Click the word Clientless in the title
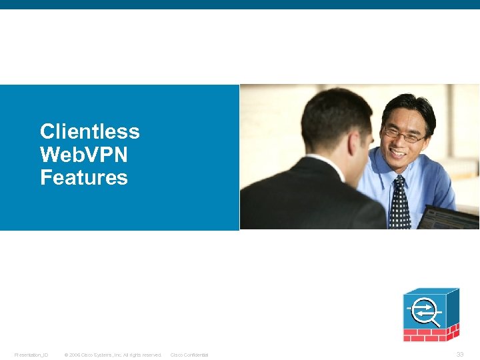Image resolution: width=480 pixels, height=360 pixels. [x=89, y=131]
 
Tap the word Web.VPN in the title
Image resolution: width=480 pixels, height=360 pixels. [x=83, y=155]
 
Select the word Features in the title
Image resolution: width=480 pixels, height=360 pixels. [x=83, y=178]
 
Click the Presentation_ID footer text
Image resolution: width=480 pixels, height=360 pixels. [x=31, y=355]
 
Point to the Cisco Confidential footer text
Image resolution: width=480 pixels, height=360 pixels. [x=189, y=355]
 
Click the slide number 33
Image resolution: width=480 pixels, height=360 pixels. [x=460, y=354]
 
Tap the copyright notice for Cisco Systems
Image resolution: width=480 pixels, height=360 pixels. [x=113, y=355]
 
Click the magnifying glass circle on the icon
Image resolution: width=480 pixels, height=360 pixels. [x=425, y=311]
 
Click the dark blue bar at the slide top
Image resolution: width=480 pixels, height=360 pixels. [x=240, y=4]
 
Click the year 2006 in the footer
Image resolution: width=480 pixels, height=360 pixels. [x=75, y=355]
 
